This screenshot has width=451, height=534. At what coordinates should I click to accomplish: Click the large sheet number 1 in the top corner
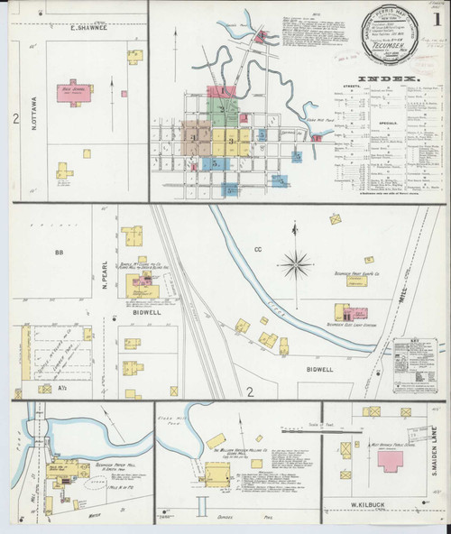[x=437, y=18]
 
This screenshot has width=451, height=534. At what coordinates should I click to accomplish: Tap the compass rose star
[x=295, y=264]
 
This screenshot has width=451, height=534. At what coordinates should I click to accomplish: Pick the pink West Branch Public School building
[x=391, y=460]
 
